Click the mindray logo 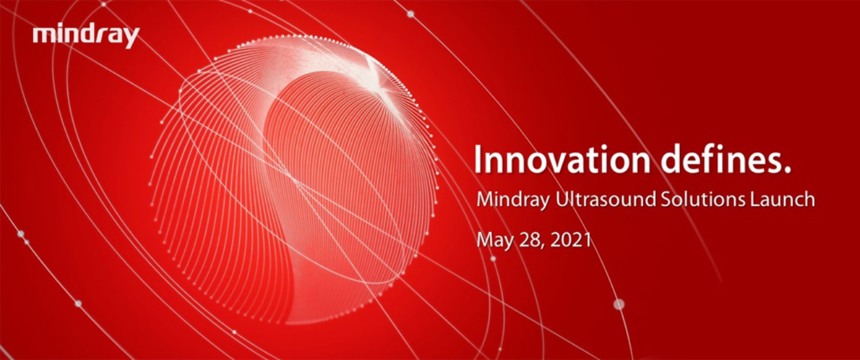tap(86, 37)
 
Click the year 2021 tap(571, 240)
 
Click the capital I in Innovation tap(478, 160)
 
